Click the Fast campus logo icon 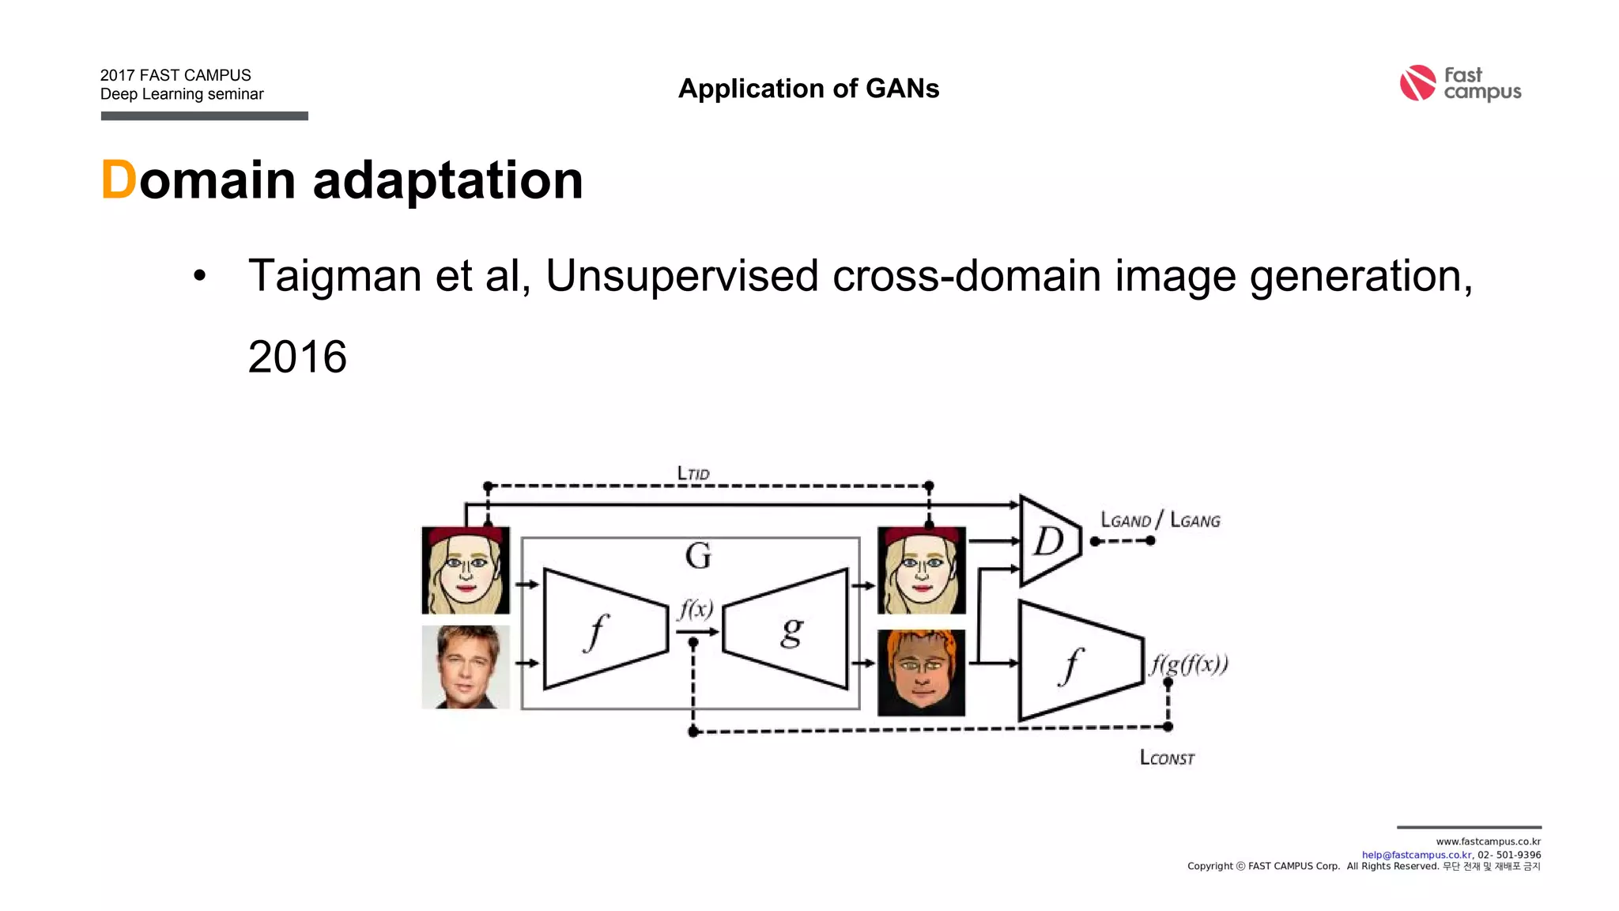click(1417, 83)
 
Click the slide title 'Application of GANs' click(809, 89)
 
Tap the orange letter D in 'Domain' click(119, 180)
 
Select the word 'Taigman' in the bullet click(334, 276)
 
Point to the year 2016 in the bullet click(297, 357)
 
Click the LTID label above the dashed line click(693, 473)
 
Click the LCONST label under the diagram click(1167, 758)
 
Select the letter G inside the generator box click(698, 556)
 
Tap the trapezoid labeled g click(787, 629)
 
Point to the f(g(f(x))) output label click(1189, 663)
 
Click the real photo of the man click(466, 667)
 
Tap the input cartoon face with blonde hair click(466, 570)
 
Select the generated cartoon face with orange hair click(922, 672)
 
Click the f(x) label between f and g click(696, 609)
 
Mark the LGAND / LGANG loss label click(1160, 520)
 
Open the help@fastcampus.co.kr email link click(1416, 855)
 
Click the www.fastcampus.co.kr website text click(1488, 842)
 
